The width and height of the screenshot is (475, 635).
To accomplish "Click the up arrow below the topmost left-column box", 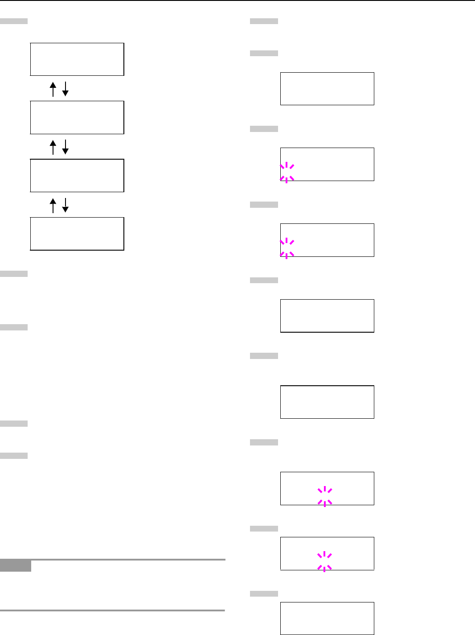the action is (x=53, y=89).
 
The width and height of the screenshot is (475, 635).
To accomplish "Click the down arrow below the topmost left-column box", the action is (x=65, y=89).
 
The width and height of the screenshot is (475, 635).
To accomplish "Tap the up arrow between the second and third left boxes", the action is (x=53, y=147).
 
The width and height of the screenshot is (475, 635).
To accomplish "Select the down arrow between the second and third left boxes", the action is (x=65, y=147).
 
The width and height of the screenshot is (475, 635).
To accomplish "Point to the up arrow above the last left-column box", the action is (x=53, y=205).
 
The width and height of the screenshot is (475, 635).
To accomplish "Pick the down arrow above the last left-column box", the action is (x=65, y=205).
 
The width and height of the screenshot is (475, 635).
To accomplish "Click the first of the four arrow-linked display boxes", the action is (x=77, y=59).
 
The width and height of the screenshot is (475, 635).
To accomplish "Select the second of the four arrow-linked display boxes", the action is (x=77, y=117).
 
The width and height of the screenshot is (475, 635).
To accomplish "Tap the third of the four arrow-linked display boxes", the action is (x=77, y=175).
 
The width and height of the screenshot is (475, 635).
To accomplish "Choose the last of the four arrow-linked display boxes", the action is (x=77, y=234).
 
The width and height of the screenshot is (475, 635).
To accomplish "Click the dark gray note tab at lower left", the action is (x=16, y=566).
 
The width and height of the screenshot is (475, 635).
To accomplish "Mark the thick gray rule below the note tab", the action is (x=112, y=610).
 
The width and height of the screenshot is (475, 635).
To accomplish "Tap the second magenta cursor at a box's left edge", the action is (x=287, y=248).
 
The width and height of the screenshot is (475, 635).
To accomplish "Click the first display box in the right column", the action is (x=327, y=89).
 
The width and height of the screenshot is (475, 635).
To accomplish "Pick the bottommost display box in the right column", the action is (x=327, y=619).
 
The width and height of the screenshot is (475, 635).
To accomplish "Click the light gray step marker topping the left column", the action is (x=14, y=21).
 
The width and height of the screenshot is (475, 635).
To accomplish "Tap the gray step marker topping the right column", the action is (x=264, y=21).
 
